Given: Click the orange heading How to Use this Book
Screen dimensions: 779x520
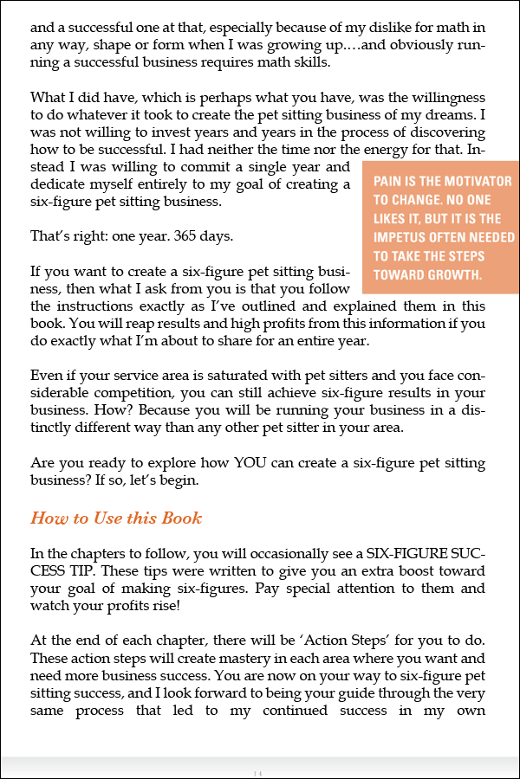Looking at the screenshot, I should (x=116, y=518).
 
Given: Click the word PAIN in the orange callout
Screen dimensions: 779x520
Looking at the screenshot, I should (x=391, y=182).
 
